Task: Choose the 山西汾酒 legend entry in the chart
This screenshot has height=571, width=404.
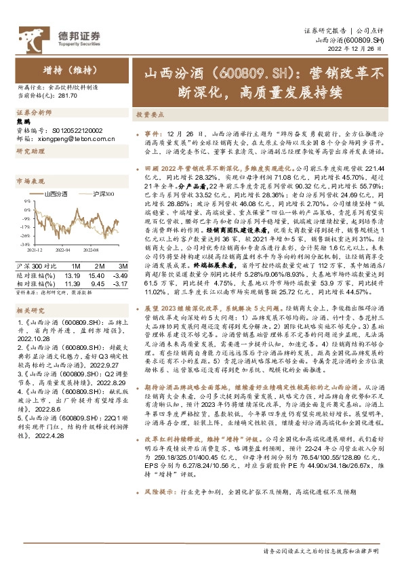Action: (x=56, y=195)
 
